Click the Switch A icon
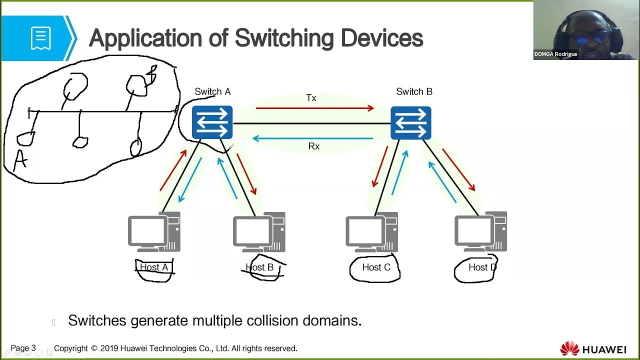pos(212,122)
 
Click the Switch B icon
pos(410,122)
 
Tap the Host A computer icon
pos(154,232)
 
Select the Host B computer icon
pos(259,232)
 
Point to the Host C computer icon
pos(372,232)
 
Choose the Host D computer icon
pos(480,232)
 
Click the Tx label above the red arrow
pos(311,98)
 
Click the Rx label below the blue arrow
pos(313,146)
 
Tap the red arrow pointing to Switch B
pos(315,108)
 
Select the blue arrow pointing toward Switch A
pos(313,138)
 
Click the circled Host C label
pos(376,267)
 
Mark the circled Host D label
pos(482,267)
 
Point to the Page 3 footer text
pos(23,348)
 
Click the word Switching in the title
pos(285,38)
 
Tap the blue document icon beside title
pos(40,38)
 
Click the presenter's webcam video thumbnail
pos(586,30)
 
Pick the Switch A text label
pos(212,91)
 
